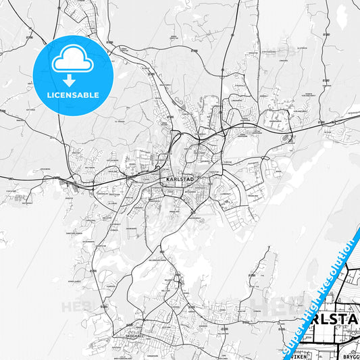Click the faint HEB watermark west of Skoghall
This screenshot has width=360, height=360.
[x=75, y=307]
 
